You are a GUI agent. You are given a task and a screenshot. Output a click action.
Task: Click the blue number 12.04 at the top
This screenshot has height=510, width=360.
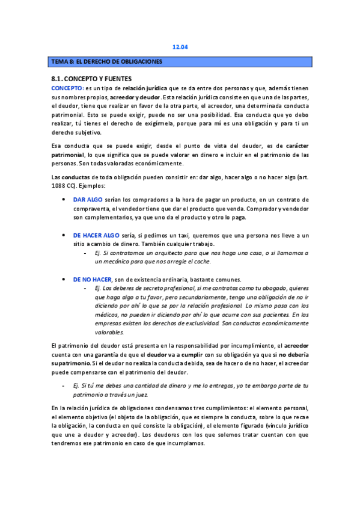(180, 46)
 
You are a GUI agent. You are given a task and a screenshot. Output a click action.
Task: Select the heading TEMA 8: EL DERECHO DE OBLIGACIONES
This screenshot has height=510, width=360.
(106, 61)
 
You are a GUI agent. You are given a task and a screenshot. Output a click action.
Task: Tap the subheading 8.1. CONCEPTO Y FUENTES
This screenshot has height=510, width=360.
(91, 79)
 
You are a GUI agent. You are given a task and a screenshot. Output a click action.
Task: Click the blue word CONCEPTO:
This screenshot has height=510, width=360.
(67, 88)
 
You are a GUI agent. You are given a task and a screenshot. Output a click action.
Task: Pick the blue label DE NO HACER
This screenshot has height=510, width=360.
(93, 280)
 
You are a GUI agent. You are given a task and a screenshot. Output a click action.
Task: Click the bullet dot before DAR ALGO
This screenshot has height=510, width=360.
(65, 199)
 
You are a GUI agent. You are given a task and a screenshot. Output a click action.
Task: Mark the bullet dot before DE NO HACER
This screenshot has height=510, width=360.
(65, 280)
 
